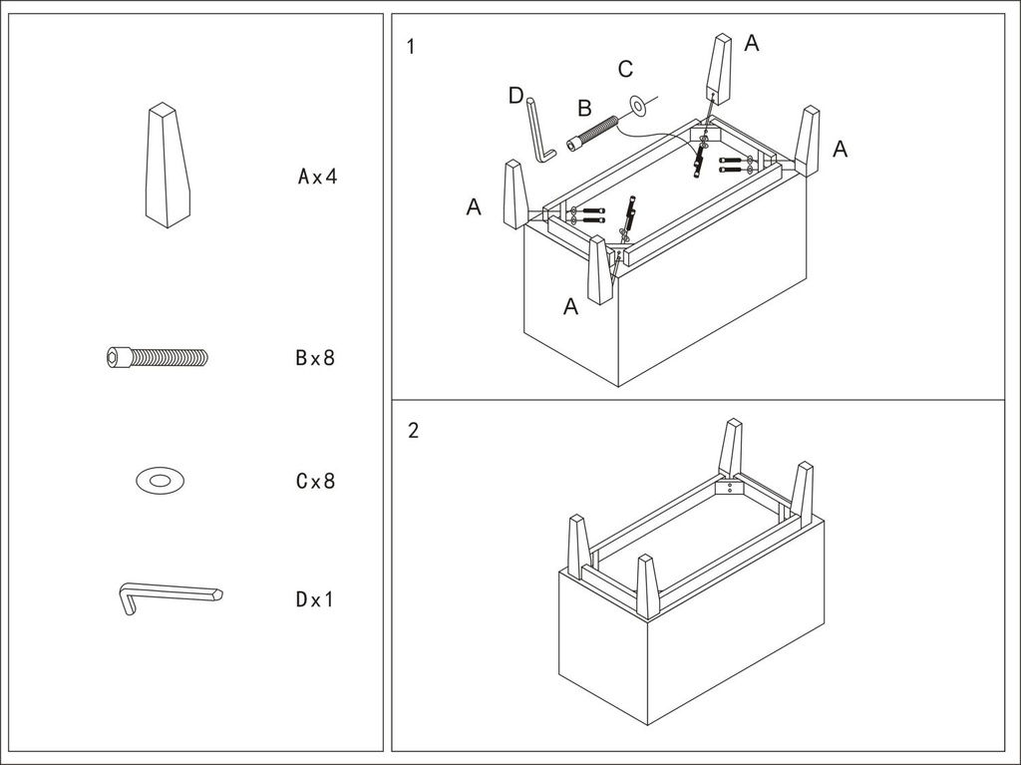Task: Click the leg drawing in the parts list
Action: coord(168,166)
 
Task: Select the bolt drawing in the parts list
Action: coord(158,356)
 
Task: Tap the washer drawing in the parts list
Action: coord(160,481)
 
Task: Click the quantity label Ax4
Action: coord(318,177)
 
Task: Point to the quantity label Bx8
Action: coord(315,358)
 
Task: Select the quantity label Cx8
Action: coord(315,481)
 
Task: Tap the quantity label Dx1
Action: coord(315,599)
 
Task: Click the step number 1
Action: coord(412,46)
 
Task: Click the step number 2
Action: coord(413,431)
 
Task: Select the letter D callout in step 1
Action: coord(515,96)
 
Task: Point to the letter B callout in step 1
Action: coord(584,108)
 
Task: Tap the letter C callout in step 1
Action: coord(625,69)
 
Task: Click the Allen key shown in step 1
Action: coord(539,130)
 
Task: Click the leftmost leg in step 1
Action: coord(514,194)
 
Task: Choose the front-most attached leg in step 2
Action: coord(648,586)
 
